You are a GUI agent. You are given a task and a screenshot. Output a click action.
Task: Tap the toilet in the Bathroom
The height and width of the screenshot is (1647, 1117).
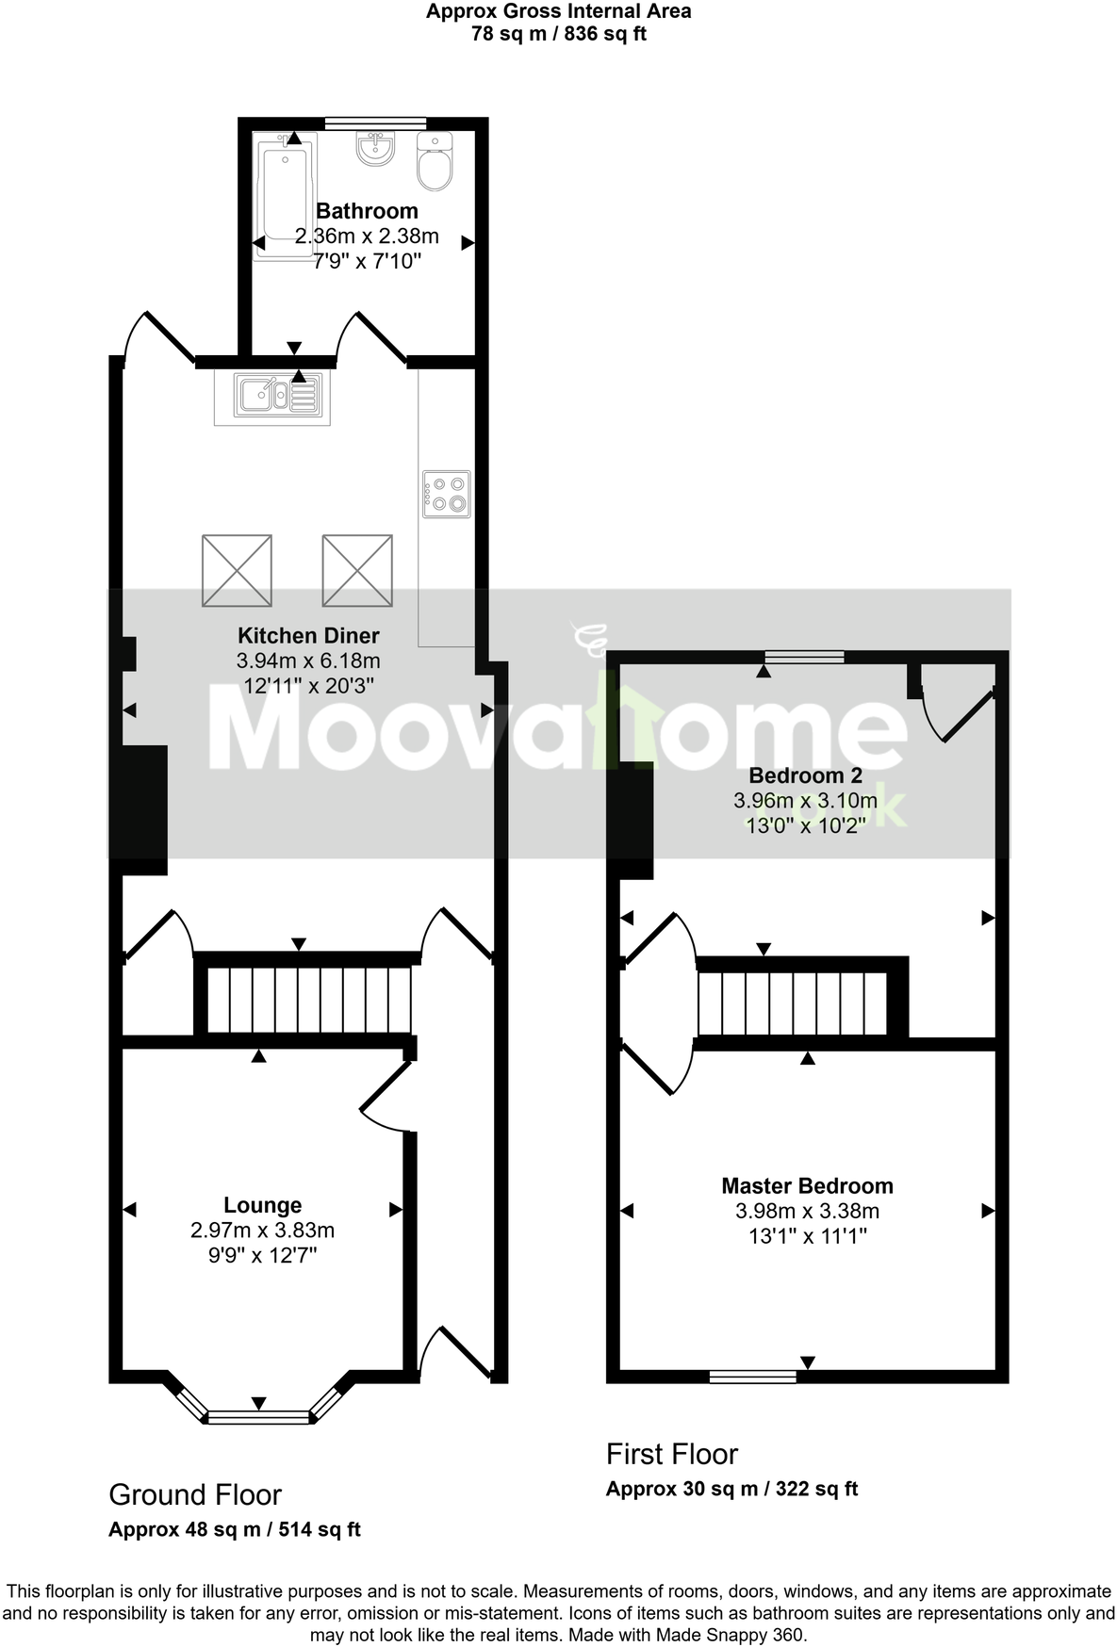[x=435, y=162]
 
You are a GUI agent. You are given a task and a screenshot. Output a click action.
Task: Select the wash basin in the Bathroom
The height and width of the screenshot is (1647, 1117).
[x=375, y=149]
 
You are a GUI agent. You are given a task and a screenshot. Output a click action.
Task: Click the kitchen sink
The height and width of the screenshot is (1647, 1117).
[x=271, y=395]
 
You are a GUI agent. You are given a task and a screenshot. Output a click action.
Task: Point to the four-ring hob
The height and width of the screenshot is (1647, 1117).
[x=446, y=494]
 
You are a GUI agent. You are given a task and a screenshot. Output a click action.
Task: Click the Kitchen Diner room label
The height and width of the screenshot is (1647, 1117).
[x=308, y=635]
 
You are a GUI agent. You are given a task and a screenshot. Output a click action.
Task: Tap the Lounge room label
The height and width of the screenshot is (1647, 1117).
[x=263, y=1205]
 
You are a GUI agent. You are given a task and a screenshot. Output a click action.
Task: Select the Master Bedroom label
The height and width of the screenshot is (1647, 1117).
[x=807, y=1186]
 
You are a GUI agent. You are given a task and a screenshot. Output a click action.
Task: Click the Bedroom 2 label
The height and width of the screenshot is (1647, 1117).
[x=805, y=775]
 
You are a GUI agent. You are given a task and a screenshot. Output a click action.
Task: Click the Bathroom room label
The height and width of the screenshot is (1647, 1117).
[x=367, y=211]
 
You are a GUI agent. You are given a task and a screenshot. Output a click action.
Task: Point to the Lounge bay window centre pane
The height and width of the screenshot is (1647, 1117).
[x=258, y=1416]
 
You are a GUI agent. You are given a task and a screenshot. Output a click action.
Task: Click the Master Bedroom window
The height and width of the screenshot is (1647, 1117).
[x=752, y=1377]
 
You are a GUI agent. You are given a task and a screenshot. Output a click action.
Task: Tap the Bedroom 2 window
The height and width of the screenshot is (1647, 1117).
[x=804, y=657]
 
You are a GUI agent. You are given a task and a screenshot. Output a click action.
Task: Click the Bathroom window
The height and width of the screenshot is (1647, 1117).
[x=375, y=122]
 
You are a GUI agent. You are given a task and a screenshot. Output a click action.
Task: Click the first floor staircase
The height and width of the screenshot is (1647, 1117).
[x=792, y=1003]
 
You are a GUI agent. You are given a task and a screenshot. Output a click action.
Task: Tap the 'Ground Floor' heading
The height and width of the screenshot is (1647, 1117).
[x=195, y=1494]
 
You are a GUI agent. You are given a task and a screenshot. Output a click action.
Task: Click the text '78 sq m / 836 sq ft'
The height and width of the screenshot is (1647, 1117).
[x=558, y=35]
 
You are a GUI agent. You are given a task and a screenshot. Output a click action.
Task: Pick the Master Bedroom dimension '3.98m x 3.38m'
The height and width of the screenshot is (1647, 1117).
[x=807, y=1211]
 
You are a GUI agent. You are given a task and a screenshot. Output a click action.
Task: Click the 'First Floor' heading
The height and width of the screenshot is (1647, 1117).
[x=671, y=1454]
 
